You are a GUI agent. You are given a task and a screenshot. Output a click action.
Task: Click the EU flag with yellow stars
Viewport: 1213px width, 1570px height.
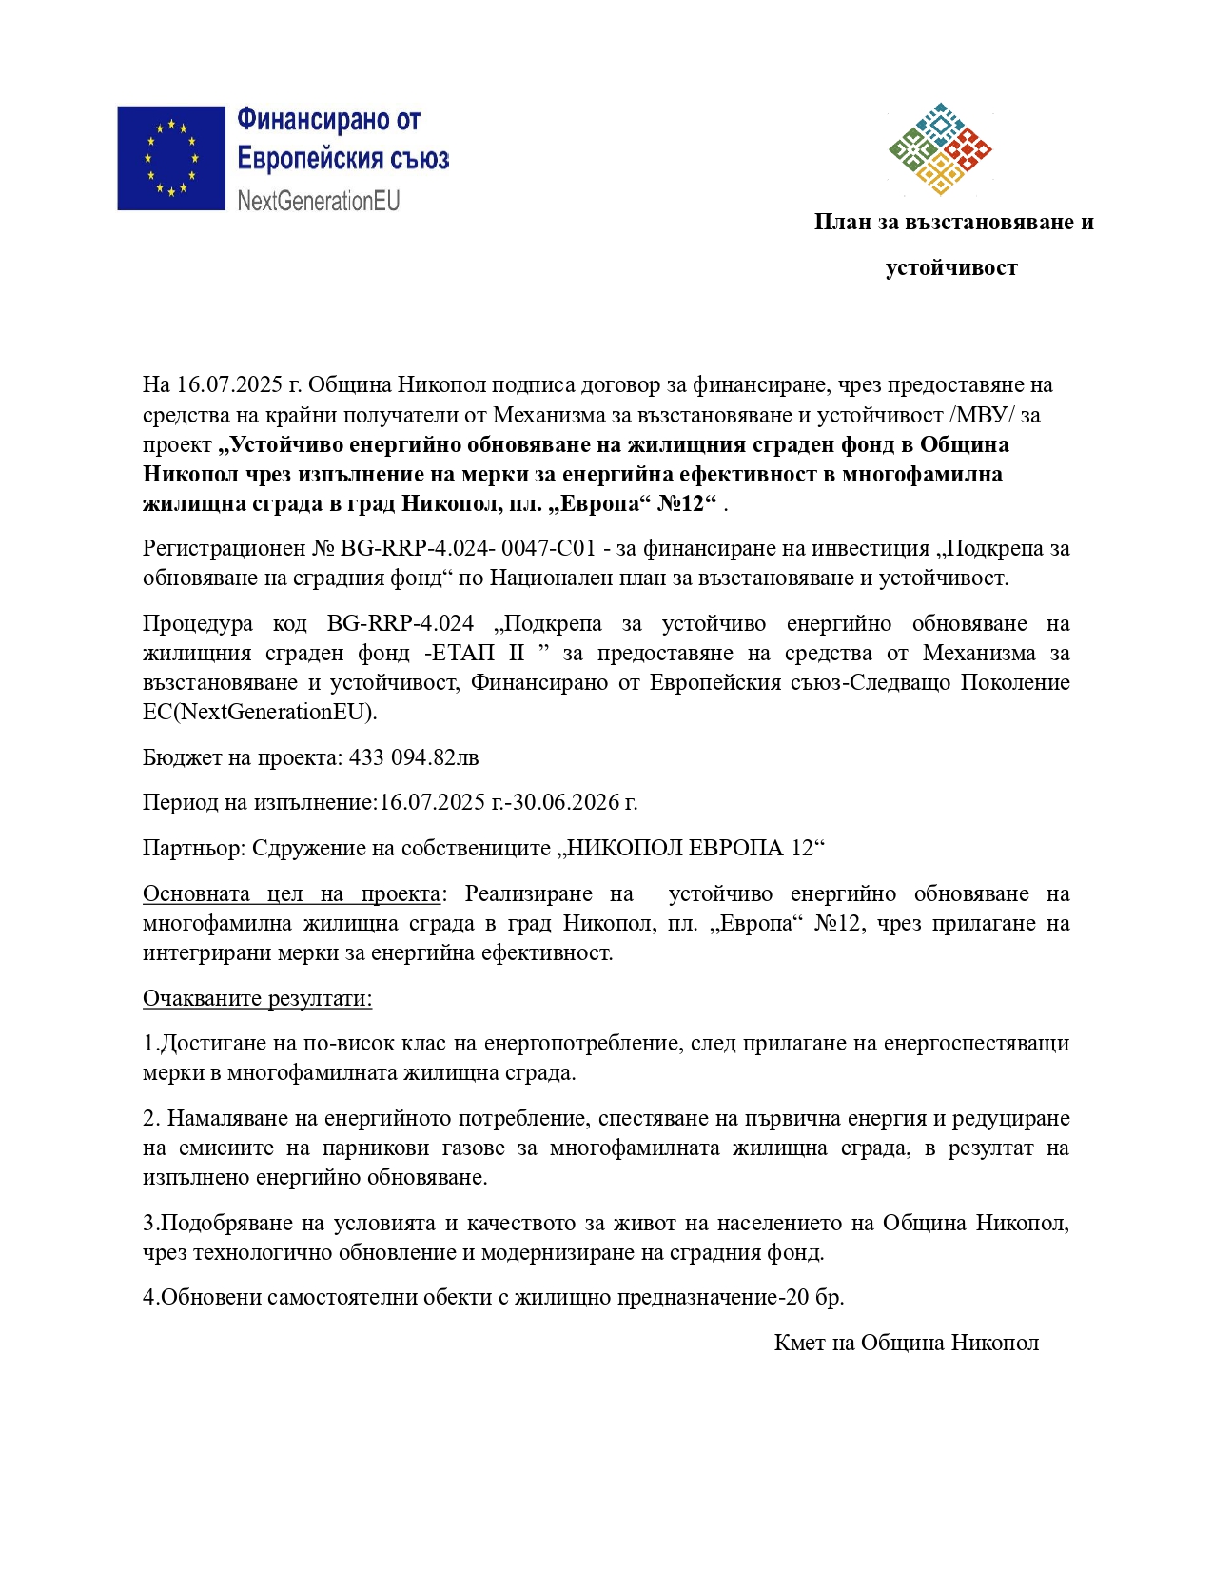pyautogui.click(x=171, y=158)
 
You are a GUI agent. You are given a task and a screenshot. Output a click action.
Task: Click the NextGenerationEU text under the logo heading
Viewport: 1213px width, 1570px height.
pyautogui.click(x=319, y=201)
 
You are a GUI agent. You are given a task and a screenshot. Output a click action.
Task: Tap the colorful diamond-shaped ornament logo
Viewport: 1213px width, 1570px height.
pyautogui.click(x=940, y=148)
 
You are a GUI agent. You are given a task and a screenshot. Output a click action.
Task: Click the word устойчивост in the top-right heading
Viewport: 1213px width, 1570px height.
pyautogui.click(x=950, y=268)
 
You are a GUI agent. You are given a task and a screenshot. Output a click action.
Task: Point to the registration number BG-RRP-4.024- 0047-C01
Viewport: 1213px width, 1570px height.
pyautogui.click(x=468, y=548)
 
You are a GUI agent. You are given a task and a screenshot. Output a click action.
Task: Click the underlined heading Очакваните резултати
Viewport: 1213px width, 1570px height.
pyautogui.click(x=257, y=998)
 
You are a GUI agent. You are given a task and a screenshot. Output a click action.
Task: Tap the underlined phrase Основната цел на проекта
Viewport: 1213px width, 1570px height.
pyautogui.click(x=291, y=893)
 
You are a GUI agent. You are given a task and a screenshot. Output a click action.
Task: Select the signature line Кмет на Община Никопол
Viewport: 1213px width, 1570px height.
pyautogui.click(x=906, y=1343)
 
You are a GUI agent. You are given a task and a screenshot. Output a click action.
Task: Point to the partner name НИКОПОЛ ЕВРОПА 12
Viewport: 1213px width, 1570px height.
pyautogui.click(x=690, y=848)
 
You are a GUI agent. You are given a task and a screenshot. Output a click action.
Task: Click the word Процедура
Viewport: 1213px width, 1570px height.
pyautogui.click(x=198, y=623)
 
